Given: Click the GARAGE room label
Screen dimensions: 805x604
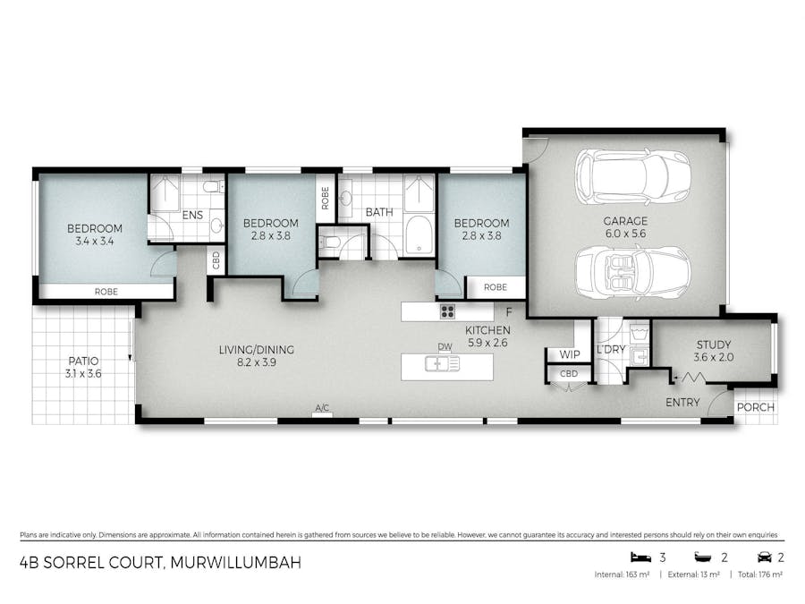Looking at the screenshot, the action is (x=625, y=221).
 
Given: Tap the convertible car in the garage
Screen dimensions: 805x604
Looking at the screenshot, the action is (x=632, y=272).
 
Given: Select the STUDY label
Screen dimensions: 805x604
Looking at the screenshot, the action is (x=714, y=345).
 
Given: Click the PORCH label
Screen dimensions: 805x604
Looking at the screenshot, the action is (x=755, y=407).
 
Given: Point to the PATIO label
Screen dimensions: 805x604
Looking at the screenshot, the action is (x=83, y=362).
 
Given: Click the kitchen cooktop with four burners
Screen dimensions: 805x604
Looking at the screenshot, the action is (x=447, y=311).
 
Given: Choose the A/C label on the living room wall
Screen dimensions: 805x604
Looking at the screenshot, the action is (x=322, y=408).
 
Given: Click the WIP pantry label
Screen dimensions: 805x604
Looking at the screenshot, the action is (x=570, y=354).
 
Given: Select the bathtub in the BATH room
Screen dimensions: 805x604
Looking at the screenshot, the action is (x=419, y=235).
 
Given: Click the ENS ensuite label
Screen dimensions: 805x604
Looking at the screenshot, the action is (x=192, y=215).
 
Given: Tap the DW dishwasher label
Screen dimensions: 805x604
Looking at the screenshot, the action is (x=445, y=346).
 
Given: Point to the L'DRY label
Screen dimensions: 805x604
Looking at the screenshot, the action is (x=611, y=349).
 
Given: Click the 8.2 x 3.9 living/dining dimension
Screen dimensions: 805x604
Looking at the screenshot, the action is (x=256, y=362).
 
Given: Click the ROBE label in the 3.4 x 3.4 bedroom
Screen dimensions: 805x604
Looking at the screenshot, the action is (x=106, y=292).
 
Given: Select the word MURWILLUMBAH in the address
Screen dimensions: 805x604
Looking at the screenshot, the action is (x=235, y=563).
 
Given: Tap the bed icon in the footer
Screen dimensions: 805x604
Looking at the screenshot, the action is (x=640, y=557).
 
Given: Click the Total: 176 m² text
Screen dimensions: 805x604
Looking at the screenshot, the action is (x=759, y=574).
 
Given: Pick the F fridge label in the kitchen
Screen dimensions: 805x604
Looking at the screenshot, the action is (x=509, y=311).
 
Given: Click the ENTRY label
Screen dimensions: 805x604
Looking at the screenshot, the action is (x=682, y=403).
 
